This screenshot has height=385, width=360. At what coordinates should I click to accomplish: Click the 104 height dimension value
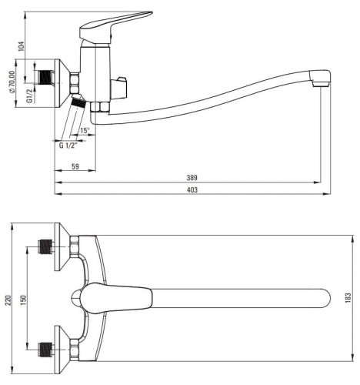(x=22, y=46)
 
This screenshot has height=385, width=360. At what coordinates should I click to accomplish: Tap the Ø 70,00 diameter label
(x=12, y=82)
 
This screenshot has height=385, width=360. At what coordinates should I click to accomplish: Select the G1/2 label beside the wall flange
(x=30, y=95)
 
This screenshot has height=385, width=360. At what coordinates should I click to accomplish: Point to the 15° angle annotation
(x=85, y=130)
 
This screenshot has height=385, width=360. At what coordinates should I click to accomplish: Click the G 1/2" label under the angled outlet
(x=68, y=146)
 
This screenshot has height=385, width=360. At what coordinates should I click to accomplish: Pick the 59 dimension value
(x=75, y=166)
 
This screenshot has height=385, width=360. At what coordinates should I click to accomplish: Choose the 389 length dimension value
(x=192, y=178)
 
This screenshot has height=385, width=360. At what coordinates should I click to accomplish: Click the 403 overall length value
(x=192, y=189)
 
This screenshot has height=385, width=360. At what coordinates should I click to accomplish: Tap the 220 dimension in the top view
(x=8, y=300)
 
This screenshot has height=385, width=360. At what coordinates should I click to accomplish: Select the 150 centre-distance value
(x=23, y=300)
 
